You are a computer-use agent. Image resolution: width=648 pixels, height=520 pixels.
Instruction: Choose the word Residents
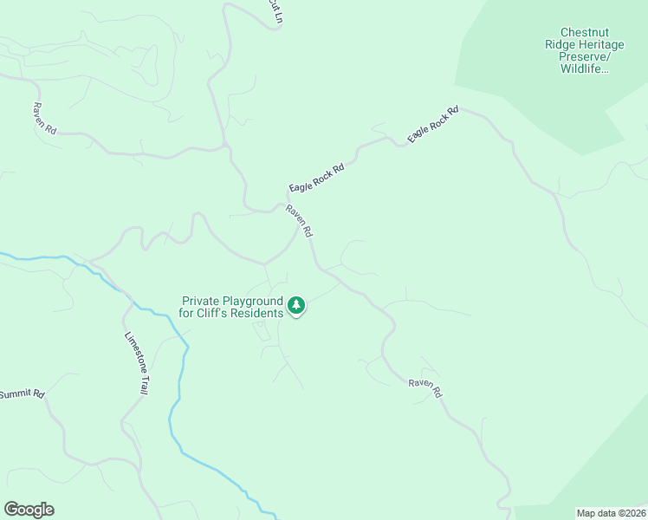pyautogui.click(x=260, y=313)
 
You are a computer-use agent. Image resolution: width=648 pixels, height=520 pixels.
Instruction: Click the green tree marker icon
pyautogui.click(x=296, y=305)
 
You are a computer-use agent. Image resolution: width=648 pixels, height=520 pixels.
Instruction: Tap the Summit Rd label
pyautogui.click(x=21, y=394)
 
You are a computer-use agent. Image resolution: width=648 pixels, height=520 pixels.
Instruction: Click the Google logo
pyautogui.click(x=29, y=510)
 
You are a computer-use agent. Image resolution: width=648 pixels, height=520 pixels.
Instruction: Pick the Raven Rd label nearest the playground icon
pyautogui.click(x=300, y=221)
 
